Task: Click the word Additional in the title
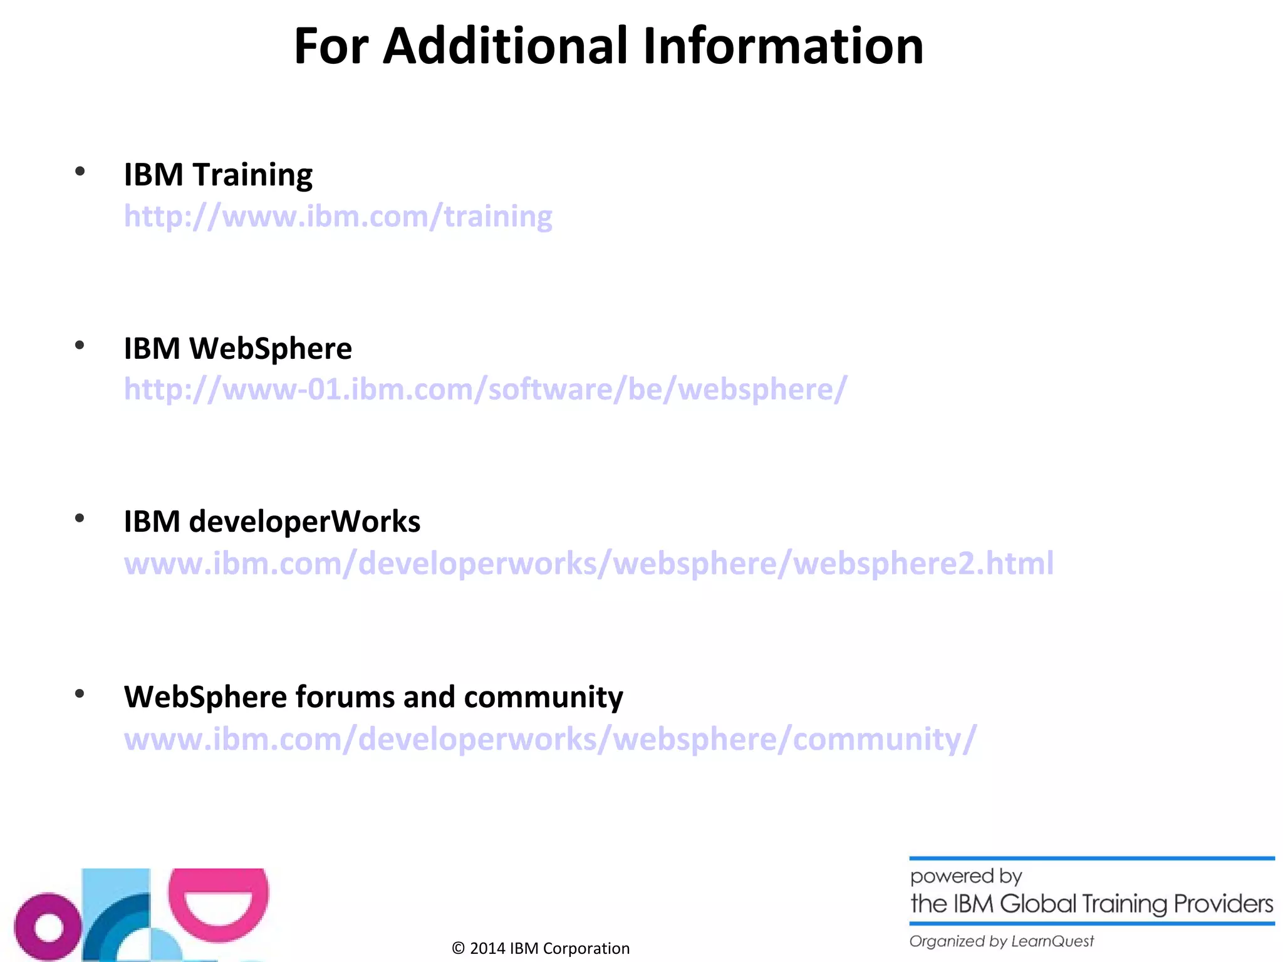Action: [x=505, y=46]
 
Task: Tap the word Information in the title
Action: [x=783, y=46]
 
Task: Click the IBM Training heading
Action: [x=218, y=175]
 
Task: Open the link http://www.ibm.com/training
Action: [x=338, y=217]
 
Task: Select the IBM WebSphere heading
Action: [x=237, y=349]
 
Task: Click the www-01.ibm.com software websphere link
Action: [x=486, y=390]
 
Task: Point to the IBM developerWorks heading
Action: [x=272, y=522]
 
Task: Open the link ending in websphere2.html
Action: [x=588, y=564]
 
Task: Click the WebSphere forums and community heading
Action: [x=373, y=697]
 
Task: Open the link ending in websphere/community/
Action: [x=550, y=739]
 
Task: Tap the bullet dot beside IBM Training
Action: [x=80, y=172]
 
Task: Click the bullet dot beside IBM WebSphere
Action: [x=80, y=346]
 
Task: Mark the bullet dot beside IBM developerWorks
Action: [x=80, y=519]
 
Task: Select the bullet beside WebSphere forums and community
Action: [x=80, y=694]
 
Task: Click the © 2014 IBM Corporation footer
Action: [x=541, y=948]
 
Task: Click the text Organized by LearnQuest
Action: [x=1001, y=941]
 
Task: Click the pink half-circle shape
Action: [x=219, y=902]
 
